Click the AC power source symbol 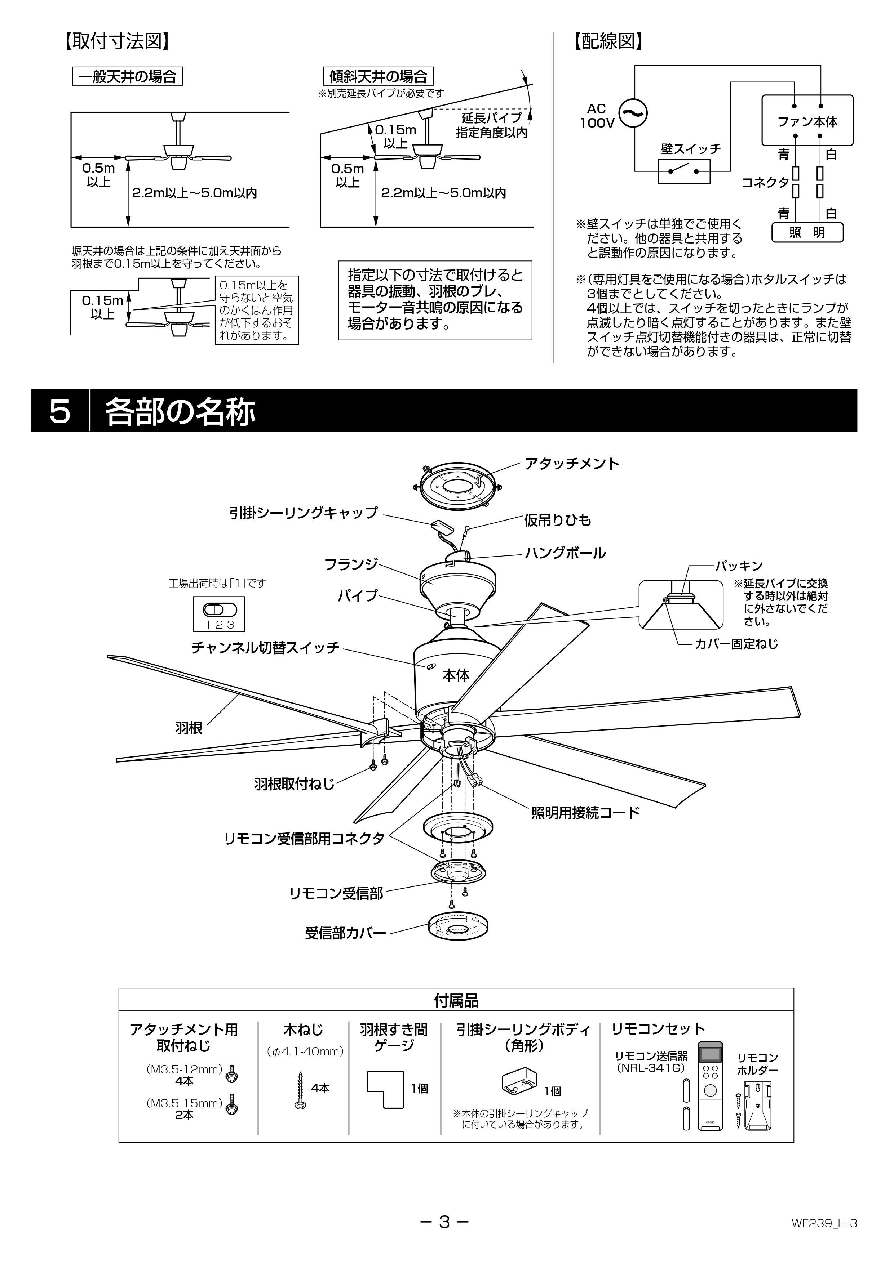coord(633,113)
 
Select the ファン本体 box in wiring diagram coord(807,121)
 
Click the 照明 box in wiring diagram coord(807,232)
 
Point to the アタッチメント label coord(571,464)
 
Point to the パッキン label coord(739,566)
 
